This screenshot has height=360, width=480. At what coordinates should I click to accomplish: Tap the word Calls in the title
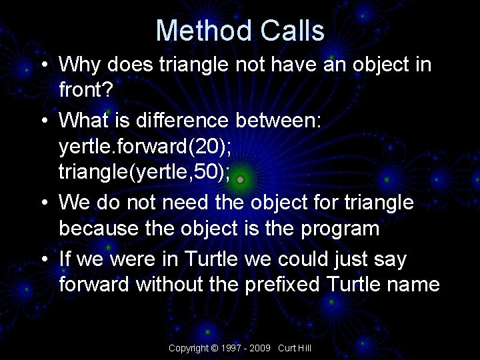pos(292,31)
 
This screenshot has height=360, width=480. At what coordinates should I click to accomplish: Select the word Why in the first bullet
pos(81,65)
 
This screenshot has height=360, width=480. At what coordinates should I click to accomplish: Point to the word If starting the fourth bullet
pos(67,258)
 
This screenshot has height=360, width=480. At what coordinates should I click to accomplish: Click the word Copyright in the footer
pos(188,348)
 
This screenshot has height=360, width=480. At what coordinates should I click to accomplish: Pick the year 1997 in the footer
pos(229,348)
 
